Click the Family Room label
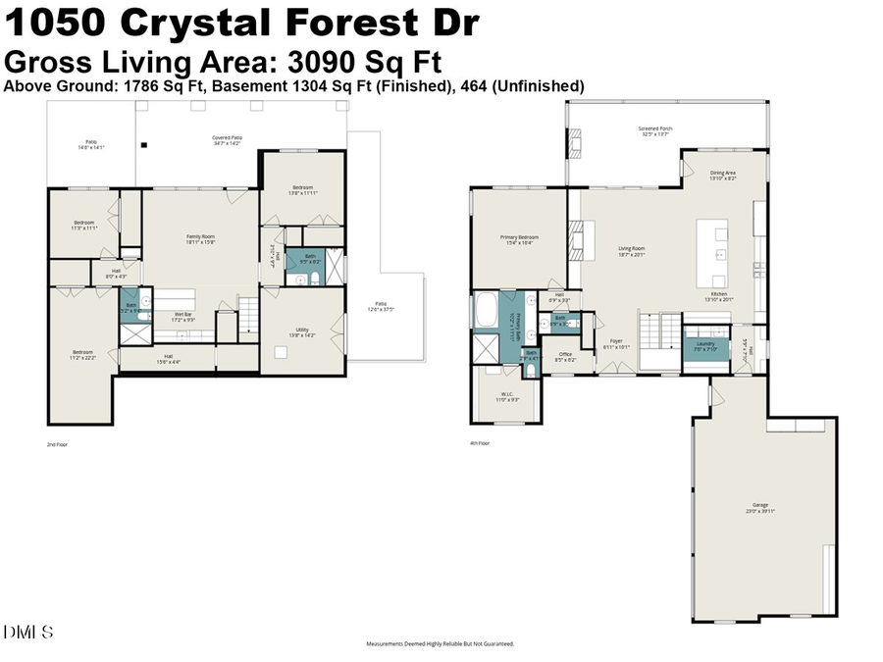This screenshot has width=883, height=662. tap(201, 238)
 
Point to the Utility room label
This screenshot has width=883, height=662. tap(302, 332)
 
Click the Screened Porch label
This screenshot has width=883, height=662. tap(655, 130)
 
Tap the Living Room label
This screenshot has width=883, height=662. tap(631, 251)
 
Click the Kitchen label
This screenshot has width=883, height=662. tap(719, 297)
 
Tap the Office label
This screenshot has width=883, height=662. tap(565, 356)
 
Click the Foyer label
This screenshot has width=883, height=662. tap(616, 343)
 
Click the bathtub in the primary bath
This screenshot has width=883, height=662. tap(486, 312)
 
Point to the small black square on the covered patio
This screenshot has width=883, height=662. tap(144, 146)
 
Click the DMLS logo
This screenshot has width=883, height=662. tap(28, 632)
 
